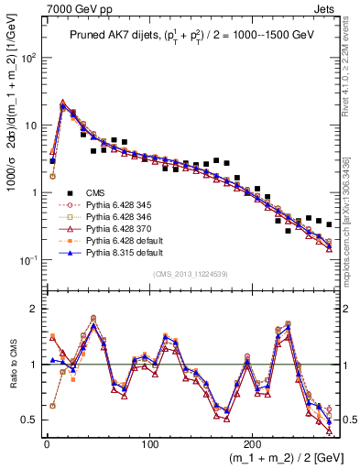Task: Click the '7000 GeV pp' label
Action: coord(70,7)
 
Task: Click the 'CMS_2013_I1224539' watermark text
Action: coord(191,273)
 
